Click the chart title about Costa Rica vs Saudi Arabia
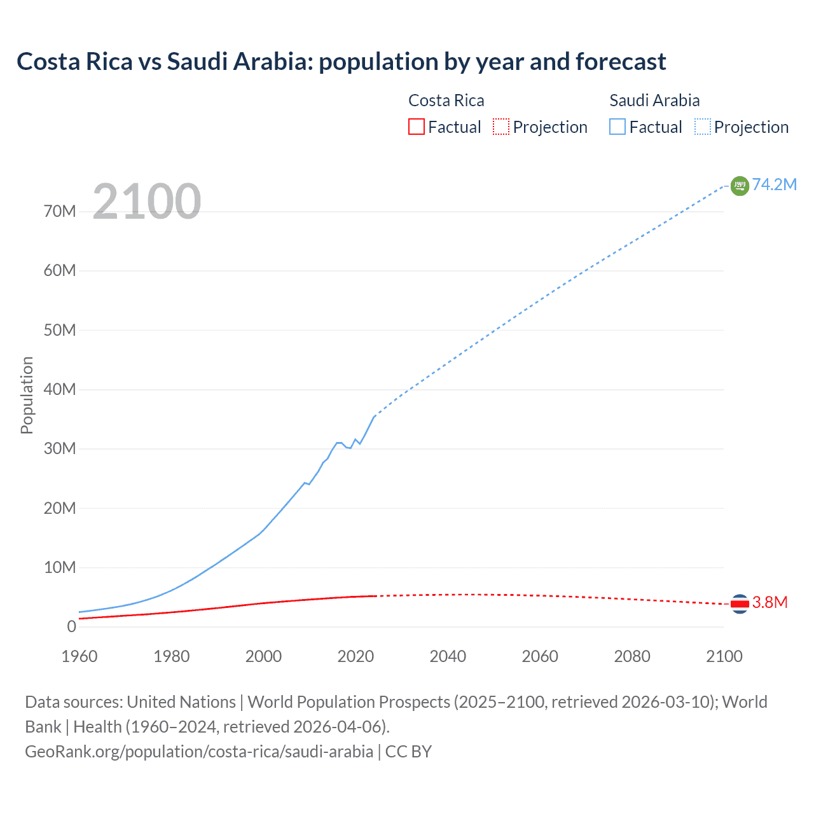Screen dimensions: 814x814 [x=341, y=62]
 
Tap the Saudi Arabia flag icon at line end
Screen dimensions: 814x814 [x=740, y=186]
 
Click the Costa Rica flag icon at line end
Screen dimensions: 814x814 [x=740, y=604]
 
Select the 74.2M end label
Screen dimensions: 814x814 [x=775, y=184]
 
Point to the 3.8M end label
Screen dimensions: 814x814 [x=769, y=602]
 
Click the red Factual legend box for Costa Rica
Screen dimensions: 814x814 [x=416, y=127]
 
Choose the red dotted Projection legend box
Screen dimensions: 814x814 [x=501, y=127]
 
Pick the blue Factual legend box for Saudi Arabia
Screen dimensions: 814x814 [x=617, y=127]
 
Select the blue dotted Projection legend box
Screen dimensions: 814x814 [x=703, y=127]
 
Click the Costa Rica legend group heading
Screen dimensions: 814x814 [x=446, y=100]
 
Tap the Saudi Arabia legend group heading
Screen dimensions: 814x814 [x=654, y=100]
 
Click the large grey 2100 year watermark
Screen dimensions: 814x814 [x=147, y=202]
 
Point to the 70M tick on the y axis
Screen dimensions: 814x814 [x=60, y=211]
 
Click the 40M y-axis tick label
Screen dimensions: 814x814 [x=60, y=389]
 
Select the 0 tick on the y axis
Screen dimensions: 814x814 [x=71, y=626]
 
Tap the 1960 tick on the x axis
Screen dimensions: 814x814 [x=79, y=656]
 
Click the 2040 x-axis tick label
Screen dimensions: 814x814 [x=448, y=656]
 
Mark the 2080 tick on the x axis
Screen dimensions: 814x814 [x=632, y=656]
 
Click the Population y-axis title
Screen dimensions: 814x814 [x=27, y=395]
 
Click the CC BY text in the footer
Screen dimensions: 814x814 [x=408, y=752]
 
